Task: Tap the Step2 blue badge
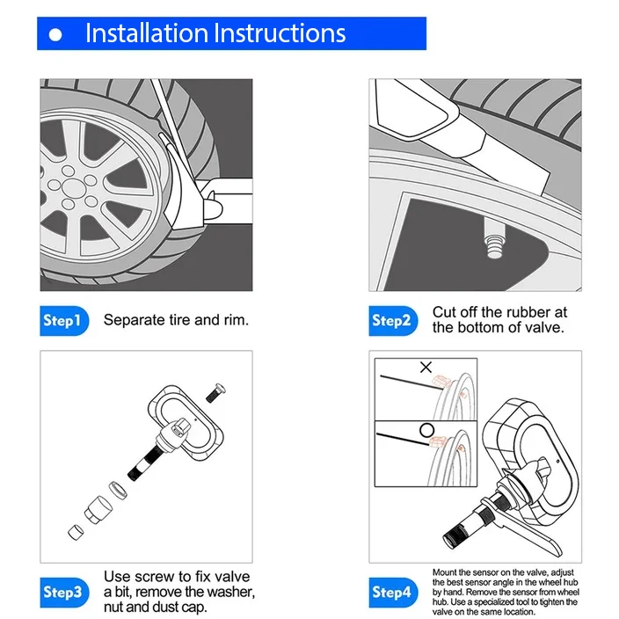(x=391, y=320)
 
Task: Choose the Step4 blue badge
(x=391, y=592)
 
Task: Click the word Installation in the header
(x=145, y=33)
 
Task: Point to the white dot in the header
(x=56, y=35)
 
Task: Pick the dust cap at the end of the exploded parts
(x=75, y=530)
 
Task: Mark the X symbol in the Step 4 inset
(x=426, y=368)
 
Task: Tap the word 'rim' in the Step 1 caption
(x=237, y=319)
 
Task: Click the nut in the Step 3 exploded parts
(x=96, y=510)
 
